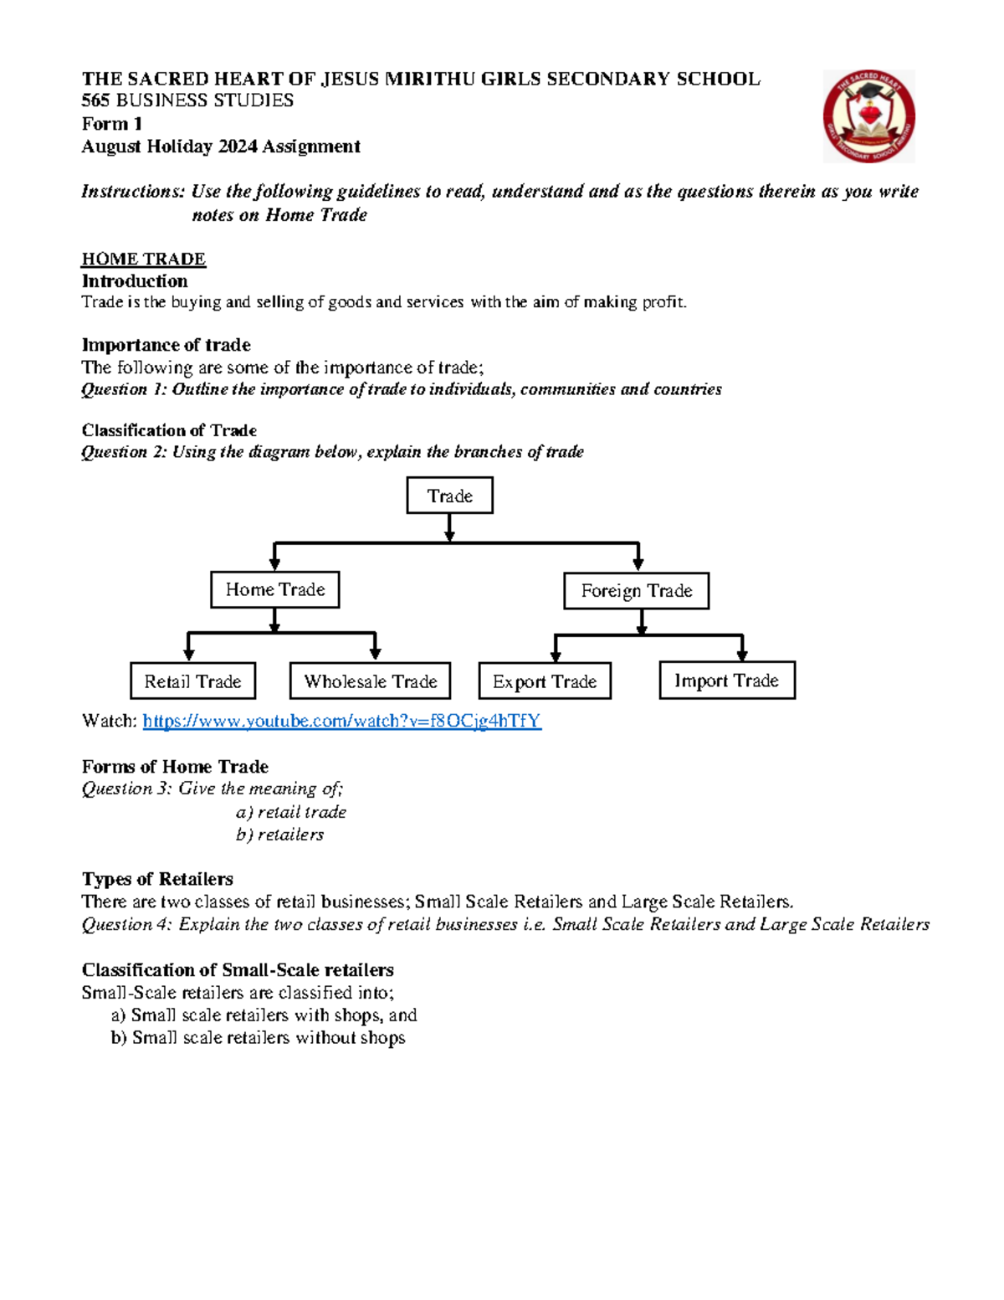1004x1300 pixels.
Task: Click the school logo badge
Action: pyautogui.click(x=868, y=116)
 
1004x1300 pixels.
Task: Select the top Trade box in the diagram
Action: pyautogui.click(x=449, y=496)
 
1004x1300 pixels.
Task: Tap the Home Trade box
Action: pyautogui.click(x=274, y=590)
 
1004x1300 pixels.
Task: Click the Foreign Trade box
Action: pyautogui.click(x=636, y=591)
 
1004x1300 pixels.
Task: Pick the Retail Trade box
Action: pyautogui.click(x=192, y=681)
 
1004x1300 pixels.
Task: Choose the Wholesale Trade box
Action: pyautogui.click(x=370, y=681)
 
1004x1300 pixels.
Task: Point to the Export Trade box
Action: pyautogui.click(x=545, y=681)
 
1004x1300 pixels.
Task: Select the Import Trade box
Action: pyautogui.click(x=726, y=681)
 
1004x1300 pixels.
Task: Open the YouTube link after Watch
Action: pyautogui.click(x=341, y=721)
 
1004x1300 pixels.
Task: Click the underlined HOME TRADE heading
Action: pyautogui.click(x=143, y=259)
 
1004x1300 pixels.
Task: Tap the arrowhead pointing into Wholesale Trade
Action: pyautogui.click(x=375, y=653)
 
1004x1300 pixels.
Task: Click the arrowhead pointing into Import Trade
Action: pyautogui.click(x=741, y=654)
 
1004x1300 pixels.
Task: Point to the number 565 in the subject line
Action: pyautogui.click(x=95, y=100)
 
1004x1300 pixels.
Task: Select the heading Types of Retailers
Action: pyautogui.click(x=157, y=879)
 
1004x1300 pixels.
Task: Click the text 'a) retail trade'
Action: pyautogui.click(x=290, y=812)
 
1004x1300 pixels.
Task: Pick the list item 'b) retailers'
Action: pyautogui.click(x=279, y=835)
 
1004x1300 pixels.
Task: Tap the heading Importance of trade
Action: pyautogui.click(x=166, y=345)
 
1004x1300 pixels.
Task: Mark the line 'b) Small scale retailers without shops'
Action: pyautogui.click(x=258, y=1038)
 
